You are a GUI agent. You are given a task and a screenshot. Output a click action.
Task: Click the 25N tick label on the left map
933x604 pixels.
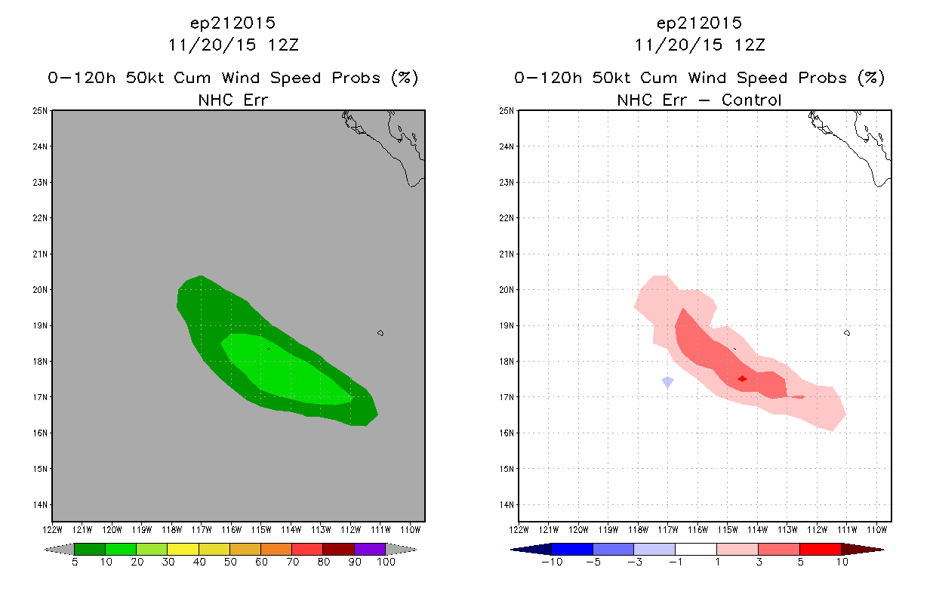[40, 111]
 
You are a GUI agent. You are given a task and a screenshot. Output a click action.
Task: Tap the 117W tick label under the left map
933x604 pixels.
[202, 530]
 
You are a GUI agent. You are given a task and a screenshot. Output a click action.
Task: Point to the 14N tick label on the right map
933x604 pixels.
[507, 505]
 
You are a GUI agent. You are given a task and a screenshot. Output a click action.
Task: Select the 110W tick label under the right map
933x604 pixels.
[877, 530]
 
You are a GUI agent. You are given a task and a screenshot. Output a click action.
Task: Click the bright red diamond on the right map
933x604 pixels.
[742, 379]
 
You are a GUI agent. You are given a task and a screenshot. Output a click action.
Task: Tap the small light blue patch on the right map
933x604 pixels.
[668, 382]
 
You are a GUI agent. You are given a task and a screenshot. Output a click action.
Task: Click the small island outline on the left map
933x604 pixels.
[380, 333]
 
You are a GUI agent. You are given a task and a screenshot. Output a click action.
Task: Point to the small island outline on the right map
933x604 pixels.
[847, 333]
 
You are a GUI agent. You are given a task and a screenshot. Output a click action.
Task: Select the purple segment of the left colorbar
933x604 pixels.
[370, 549]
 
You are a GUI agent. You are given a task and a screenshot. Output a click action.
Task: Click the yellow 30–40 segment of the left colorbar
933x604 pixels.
[183, 549]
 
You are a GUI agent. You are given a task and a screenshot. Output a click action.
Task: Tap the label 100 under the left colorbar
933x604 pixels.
[386, 562]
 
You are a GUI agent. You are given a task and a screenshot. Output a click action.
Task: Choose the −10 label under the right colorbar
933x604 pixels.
[552, 562]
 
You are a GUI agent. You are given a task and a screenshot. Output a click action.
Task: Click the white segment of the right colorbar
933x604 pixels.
[695, 549]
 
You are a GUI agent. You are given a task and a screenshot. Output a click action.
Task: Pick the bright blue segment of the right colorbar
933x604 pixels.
[572, 549]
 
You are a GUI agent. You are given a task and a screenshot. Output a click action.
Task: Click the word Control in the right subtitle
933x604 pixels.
[751, 100]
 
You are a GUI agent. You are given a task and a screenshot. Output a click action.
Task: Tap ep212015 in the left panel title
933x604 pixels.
[232, 23]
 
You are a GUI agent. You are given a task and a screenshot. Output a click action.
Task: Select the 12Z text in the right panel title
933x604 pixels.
[750, 45]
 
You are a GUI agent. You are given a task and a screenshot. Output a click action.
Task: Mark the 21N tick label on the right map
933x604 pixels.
[507, 254]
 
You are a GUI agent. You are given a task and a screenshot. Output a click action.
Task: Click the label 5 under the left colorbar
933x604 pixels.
[75, 562]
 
